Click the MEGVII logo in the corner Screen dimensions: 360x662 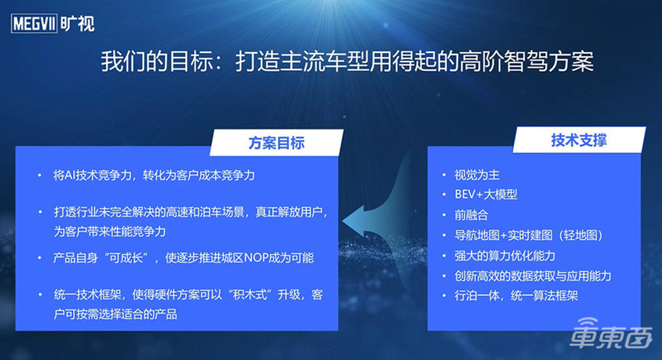53,23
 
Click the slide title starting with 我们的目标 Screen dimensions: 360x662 353,62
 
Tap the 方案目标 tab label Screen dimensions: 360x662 276,143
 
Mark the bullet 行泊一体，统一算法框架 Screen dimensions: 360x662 516,296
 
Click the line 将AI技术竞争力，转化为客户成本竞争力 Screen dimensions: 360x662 154,176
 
